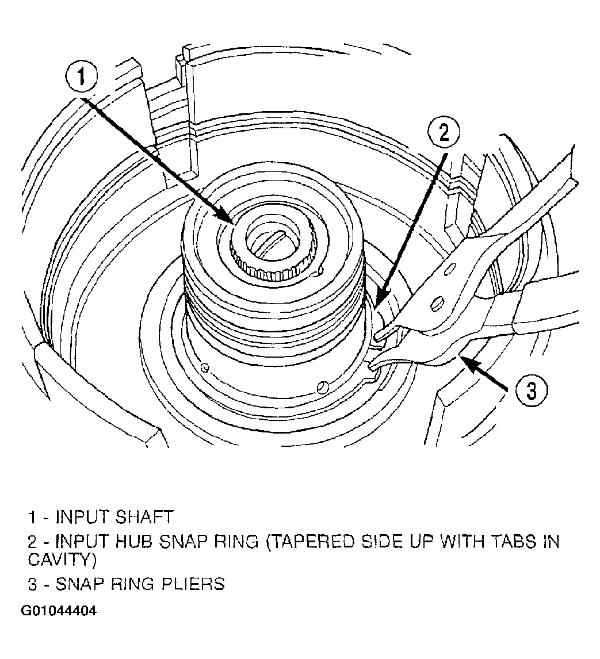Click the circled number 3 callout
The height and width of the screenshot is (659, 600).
(x=532, y=390)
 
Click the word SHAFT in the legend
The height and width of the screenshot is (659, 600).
(x=144, y=517)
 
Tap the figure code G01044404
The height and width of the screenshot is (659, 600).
(x=59, y=610)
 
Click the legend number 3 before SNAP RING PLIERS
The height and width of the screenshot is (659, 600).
(x=33, y=584)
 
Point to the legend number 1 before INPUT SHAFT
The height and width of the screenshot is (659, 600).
(x=32, y=517)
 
